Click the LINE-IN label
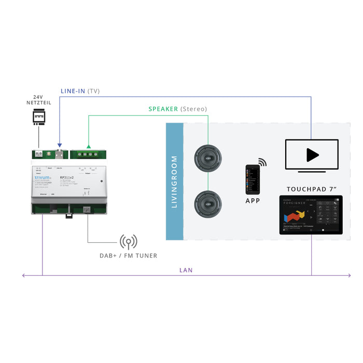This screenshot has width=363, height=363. [73, 91]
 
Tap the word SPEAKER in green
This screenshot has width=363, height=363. [163, 109]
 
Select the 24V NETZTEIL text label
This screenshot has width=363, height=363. [38, 100]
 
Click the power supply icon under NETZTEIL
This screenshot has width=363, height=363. [38, 118]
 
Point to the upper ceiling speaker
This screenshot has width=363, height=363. [208, 158]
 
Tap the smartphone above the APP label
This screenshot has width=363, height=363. [253, 179]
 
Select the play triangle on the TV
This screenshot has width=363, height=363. [312, 155]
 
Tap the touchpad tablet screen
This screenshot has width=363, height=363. [311, 215]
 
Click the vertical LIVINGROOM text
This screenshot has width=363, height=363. [174, 181]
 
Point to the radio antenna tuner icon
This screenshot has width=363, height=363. [128, 242]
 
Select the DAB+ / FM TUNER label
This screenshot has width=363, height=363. [128, 255]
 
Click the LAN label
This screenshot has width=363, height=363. [185, 271]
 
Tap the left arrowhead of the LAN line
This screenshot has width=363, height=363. [23, 275]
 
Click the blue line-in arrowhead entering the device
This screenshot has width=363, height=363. [60, 146]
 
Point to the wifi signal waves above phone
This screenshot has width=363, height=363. [262, 163]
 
